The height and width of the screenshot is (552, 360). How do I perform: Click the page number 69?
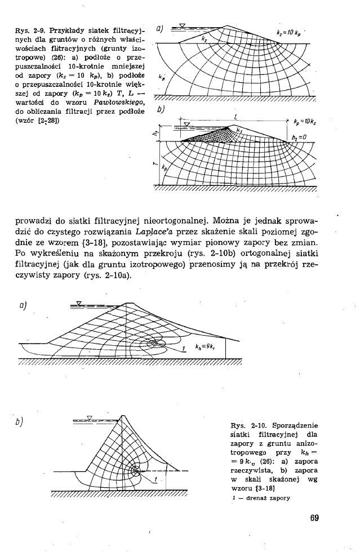pos(314,518)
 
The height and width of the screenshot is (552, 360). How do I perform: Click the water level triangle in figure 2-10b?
pos(90,418)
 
